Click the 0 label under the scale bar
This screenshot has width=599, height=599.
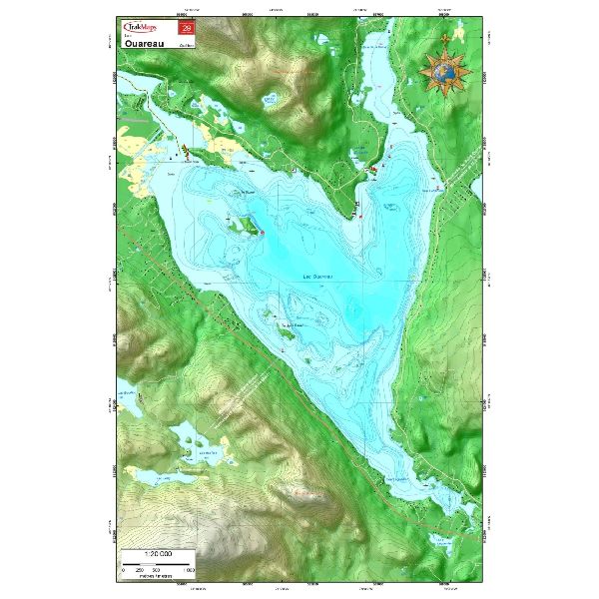coord(124,569)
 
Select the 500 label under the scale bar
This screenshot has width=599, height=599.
coord(157,569)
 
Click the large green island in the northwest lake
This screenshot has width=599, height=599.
coord(244,226)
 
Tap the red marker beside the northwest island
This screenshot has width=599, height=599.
coord(263,233)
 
